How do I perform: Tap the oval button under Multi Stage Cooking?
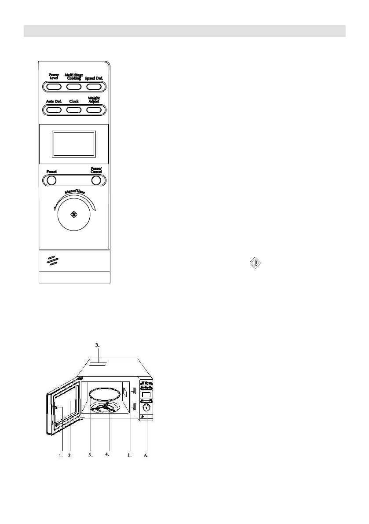(73, 86)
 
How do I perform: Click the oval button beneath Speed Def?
(93, 86)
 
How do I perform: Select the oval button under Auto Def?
(54, 109)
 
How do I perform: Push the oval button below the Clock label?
(73, 109)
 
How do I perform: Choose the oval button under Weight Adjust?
(93, 109)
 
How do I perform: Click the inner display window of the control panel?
(73, 144)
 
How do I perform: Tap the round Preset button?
(51, 180)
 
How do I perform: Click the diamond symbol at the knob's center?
(73, 215)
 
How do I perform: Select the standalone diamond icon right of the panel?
(256, 264)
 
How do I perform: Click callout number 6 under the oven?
(146, 456)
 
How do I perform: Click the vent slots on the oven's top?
(99, 363)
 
